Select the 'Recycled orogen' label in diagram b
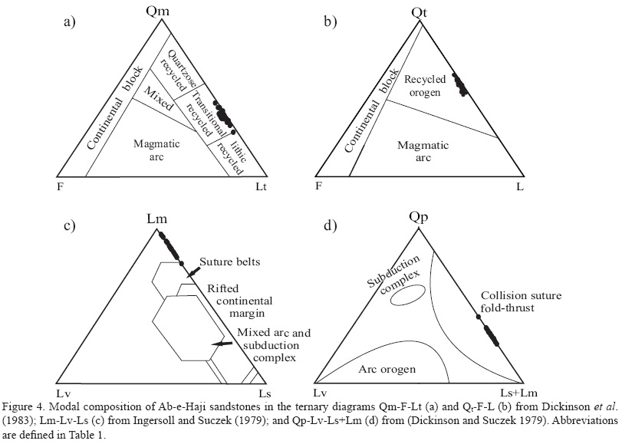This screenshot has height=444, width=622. pos(430,86)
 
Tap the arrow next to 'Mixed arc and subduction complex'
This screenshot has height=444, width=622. pos(222,345)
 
